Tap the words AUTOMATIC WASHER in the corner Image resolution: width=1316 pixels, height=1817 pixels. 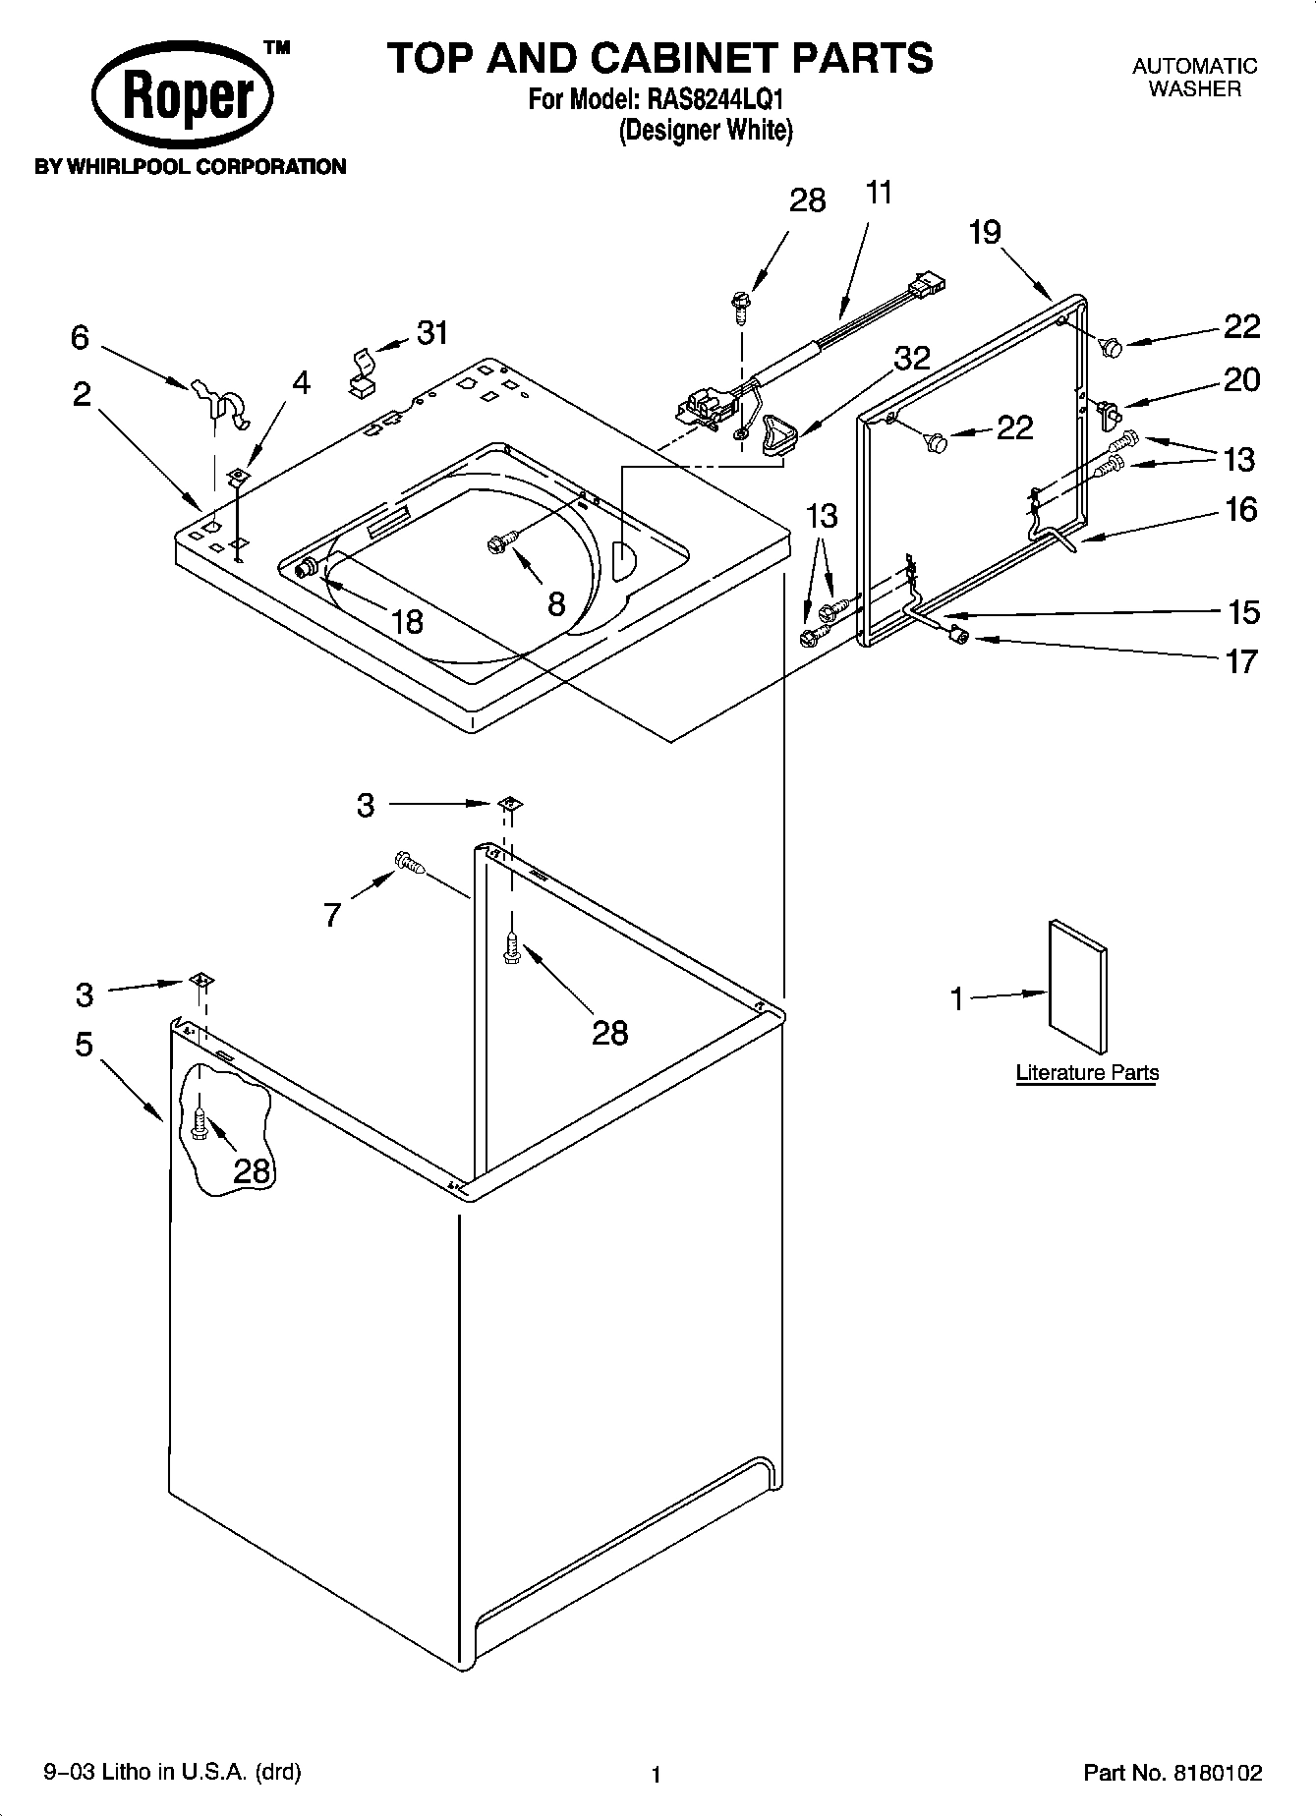coord(1194,78)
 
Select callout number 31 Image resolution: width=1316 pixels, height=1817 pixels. coord(432,333)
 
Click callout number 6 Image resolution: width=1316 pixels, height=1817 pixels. coord(80,338)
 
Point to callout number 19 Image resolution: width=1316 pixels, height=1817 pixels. coord(984,233)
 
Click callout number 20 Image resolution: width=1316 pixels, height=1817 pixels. coord(1241,379)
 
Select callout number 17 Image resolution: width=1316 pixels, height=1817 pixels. coord(1241,661)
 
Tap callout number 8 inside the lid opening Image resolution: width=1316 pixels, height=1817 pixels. coord(556,603)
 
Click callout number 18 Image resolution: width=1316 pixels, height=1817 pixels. coord(406,621)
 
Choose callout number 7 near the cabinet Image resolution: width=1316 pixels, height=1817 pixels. coord(332,916)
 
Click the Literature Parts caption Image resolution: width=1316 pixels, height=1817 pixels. coord(1087,1072)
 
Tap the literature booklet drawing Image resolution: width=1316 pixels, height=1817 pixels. coord(1077,986)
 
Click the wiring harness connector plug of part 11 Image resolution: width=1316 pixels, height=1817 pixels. coord(927,283)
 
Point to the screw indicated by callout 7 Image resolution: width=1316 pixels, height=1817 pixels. coord(408,863)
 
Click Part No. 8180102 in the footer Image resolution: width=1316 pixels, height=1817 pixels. coord(1173,1773)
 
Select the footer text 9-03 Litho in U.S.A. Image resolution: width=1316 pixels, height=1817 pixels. coord(173,1772)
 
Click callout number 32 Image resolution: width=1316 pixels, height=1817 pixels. coord(911,358)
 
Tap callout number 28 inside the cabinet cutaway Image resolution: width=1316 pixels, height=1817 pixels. coord(252,1170)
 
